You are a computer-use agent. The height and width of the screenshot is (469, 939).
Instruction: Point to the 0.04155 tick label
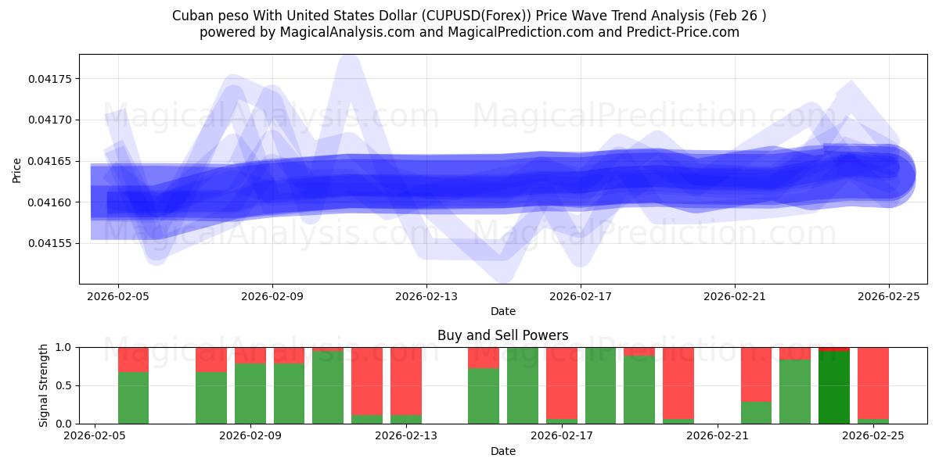coord(49,243)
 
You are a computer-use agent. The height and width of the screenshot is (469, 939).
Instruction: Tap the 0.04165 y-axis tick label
coord(49,161)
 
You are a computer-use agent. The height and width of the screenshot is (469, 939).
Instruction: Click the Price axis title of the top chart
coord(17,169)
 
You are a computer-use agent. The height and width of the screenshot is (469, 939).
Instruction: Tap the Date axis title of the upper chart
coord(502,311)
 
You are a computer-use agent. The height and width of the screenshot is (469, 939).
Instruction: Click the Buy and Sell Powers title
coord(502,335)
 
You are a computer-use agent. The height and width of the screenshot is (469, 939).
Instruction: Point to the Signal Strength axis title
coord(44,385)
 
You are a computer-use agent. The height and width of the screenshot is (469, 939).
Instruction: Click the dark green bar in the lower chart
coord(833,387)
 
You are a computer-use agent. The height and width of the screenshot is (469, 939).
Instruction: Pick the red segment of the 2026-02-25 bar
coord(872,383)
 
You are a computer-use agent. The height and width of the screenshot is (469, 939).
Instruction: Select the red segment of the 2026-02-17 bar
coord(562,383)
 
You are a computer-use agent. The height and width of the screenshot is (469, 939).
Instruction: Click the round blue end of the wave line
coord(890,174)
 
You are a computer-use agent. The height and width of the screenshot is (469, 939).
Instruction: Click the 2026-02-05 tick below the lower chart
coord(95,436)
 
